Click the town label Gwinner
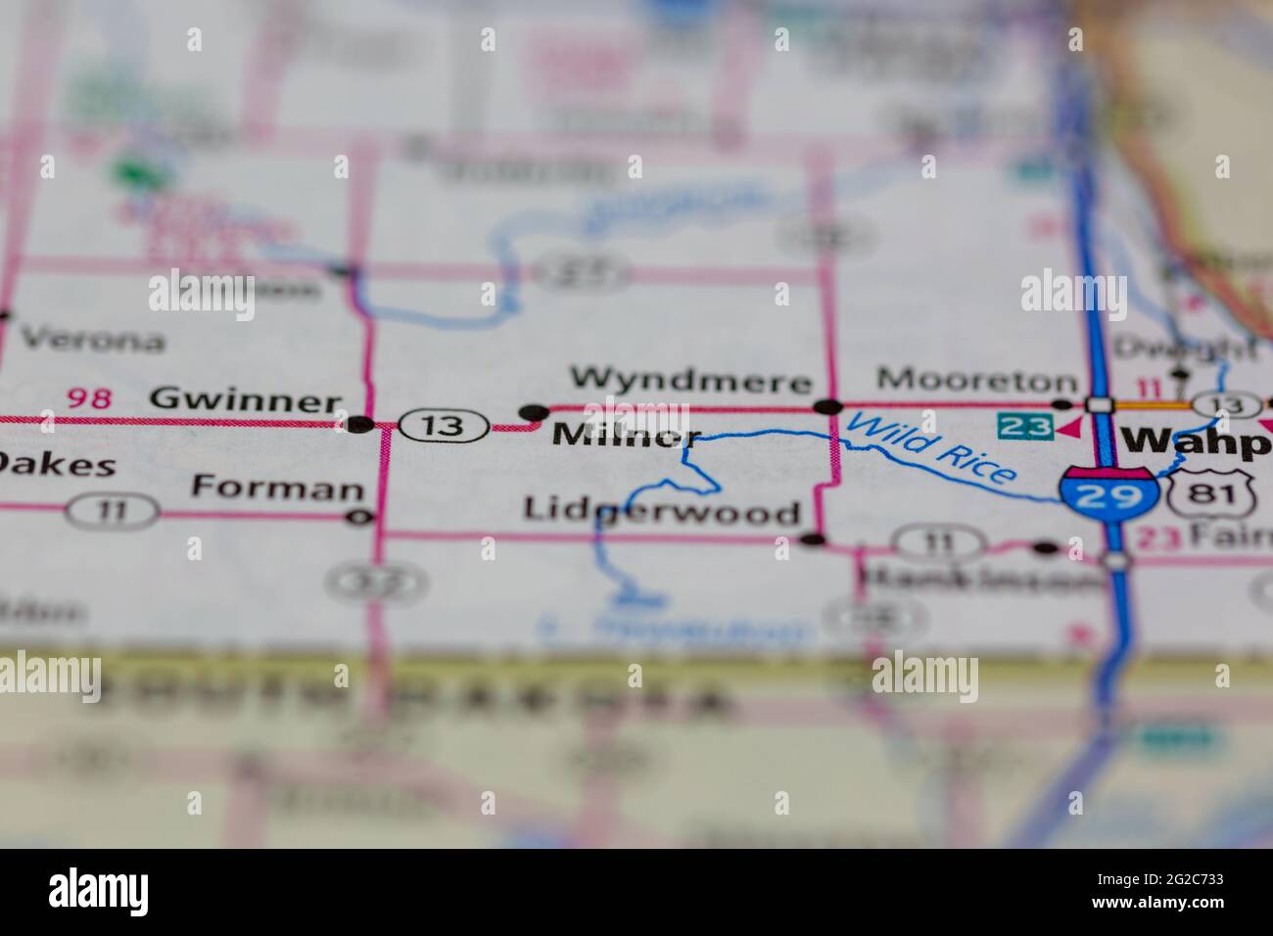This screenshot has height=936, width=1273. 245,400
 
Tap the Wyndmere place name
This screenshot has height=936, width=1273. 691,379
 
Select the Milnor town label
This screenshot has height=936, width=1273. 627,436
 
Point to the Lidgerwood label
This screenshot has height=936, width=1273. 662,510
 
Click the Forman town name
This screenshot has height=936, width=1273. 278,487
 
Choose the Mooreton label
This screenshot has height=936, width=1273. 976,379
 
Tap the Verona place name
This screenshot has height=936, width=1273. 92,341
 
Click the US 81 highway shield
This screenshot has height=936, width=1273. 1211,488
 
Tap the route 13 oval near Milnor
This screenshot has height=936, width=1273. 443,425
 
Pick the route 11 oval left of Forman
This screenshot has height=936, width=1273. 113,509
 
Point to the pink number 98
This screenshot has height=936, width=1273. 90,398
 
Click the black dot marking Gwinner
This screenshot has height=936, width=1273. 360,424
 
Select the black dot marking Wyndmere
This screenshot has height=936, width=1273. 828,406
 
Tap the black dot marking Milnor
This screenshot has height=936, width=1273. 533,413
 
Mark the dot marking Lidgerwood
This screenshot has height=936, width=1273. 812,538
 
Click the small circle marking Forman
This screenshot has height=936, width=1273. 360,516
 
